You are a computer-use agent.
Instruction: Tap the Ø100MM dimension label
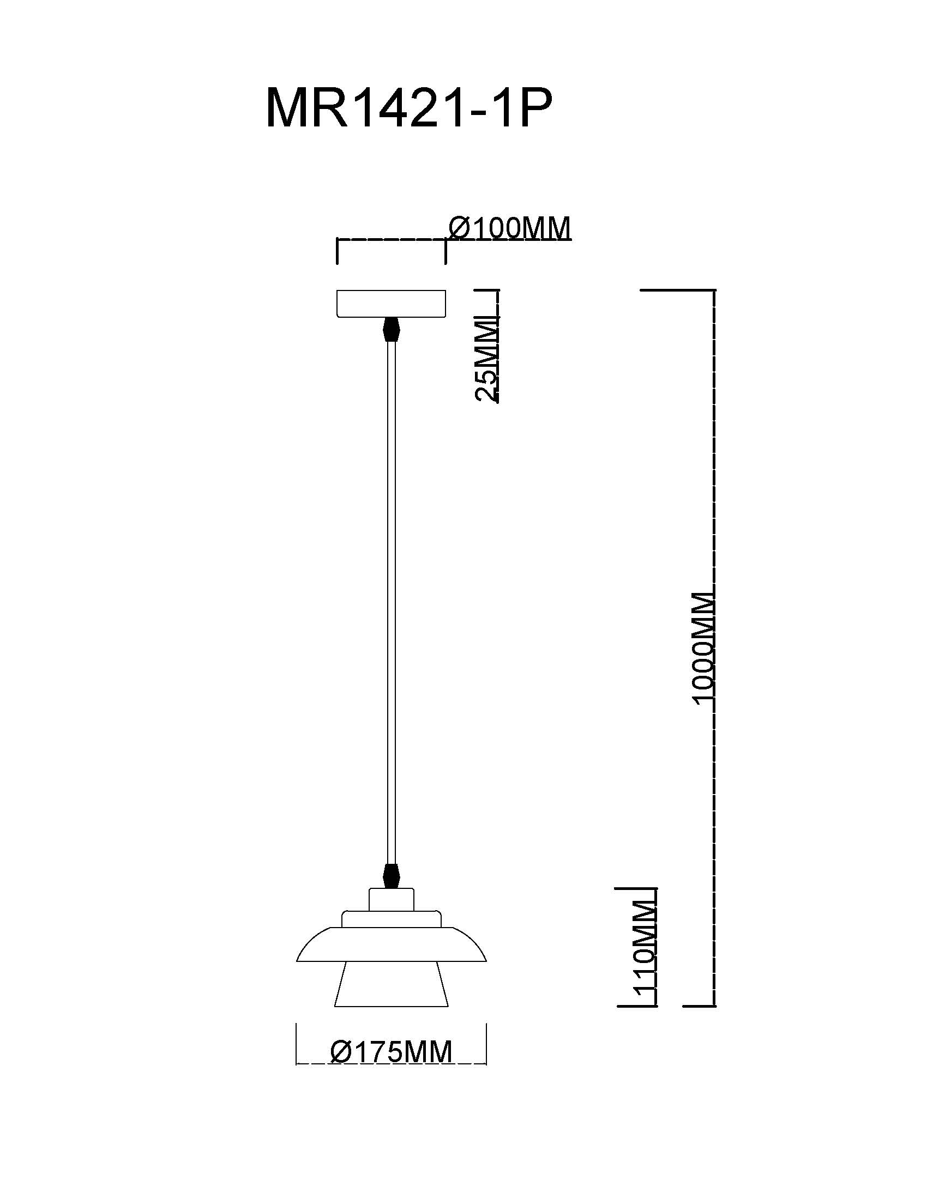point(510,227)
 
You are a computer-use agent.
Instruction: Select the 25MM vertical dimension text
point(486,359)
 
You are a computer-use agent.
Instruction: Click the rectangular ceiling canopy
point(390,304)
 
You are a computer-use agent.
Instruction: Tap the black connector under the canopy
point(390,328)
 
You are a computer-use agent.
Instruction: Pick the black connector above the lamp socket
point(390,876)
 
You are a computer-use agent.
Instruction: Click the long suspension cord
point(390,604)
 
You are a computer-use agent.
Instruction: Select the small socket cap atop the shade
point(391,899)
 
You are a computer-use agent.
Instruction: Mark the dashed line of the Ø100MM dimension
point(390,240)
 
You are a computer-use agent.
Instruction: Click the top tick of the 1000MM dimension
point(678,289)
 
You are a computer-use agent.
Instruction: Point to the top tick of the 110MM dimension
point(637,888)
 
